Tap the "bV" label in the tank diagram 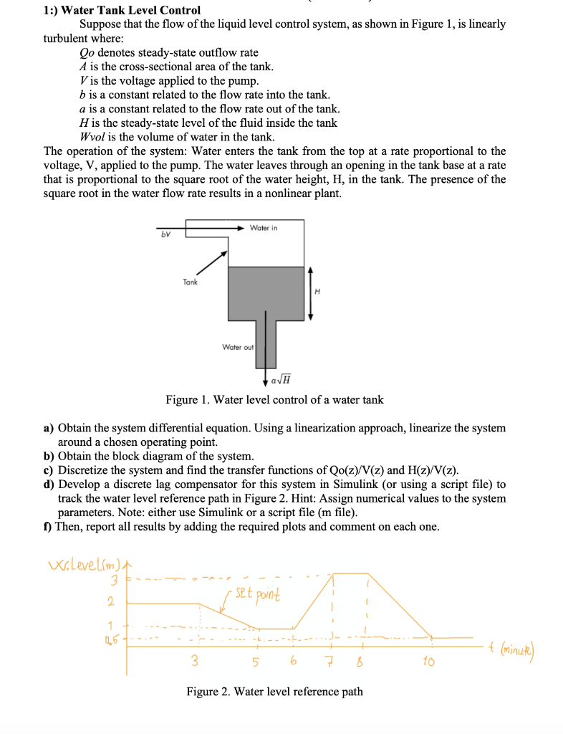165,234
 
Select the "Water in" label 264,227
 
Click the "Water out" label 238,347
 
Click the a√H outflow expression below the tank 281,380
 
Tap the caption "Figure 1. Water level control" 274,400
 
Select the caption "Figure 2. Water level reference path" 274,692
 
